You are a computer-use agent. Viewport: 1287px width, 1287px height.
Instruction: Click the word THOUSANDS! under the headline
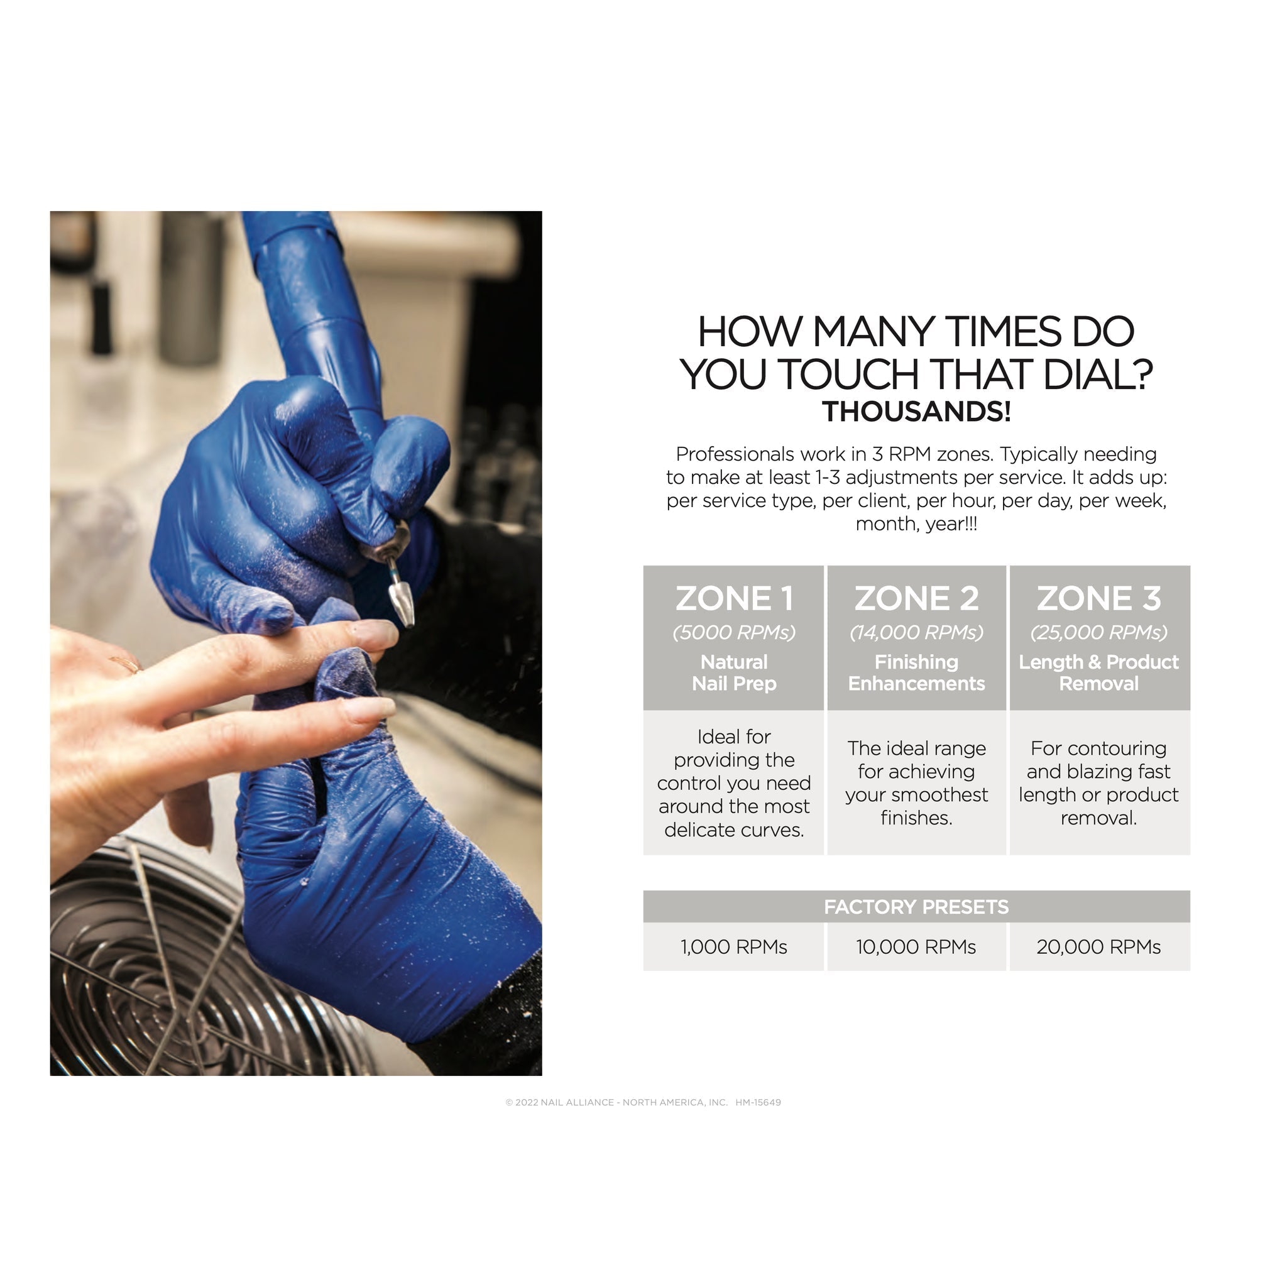[x=916, y=412]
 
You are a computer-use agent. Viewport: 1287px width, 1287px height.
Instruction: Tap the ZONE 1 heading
[x=733, y=598]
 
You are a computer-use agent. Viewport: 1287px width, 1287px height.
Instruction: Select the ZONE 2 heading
[x=916, y=598]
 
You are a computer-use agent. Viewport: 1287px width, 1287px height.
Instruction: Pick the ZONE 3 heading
[x=1098, y=598]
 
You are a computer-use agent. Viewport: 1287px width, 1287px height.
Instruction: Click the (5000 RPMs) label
[x=733, y=632]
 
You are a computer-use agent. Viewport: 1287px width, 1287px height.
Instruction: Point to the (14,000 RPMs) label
[x=916, y=632]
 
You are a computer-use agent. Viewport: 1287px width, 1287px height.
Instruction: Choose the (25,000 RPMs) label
[x=1098, y=632]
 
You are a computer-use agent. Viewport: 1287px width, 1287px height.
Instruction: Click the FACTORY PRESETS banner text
[x=916, y=907]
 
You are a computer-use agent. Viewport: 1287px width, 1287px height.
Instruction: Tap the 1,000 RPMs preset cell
[x=733, y=946]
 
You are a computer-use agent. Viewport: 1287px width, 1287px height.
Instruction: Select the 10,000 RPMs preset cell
[x=916, y=946]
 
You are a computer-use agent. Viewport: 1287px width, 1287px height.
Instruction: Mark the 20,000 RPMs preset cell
[x=1098, y=946]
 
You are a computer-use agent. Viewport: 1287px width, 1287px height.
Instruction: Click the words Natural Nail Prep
[x=733, y=673]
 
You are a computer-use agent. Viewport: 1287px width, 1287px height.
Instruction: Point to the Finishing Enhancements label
[x=916, y=673]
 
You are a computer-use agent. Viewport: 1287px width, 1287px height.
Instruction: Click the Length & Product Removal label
[x=1098, y=673]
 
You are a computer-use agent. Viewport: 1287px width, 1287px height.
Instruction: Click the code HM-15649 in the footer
[x=758, y=1102]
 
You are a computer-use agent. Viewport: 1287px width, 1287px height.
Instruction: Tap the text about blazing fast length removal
[x=1098, y=783]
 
